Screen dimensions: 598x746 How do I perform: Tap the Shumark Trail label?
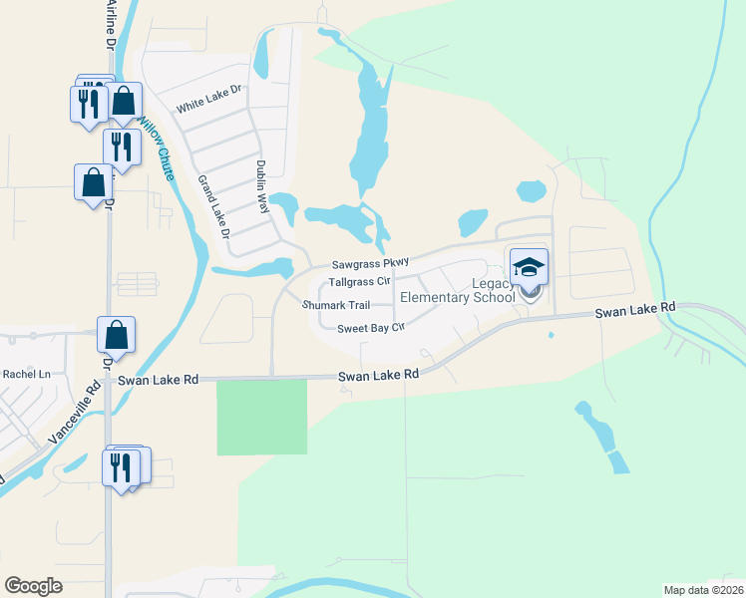coord(336,305)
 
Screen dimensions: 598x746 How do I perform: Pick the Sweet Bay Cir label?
coord(370,328)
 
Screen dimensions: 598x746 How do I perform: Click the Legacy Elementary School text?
coord(458,290)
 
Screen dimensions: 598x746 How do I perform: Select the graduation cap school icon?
coord(530,266)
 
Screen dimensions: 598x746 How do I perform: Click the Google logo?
coord(34,585)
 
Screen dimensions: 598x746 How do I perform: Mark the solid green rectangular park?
coord(262,416)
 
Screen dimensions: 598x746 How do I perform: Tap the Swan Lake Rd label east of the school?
coord(635,311)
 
